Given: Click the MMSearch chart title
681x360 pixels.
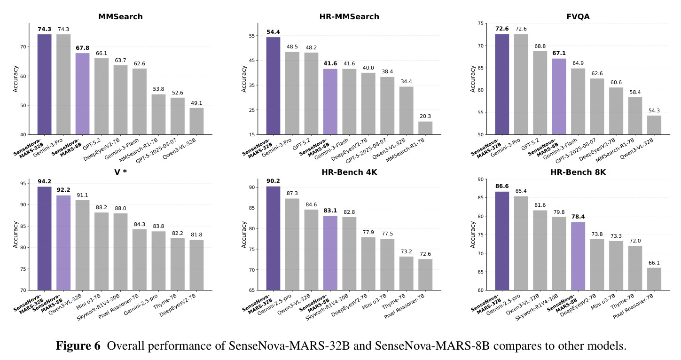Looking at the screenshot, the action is click(120, 16).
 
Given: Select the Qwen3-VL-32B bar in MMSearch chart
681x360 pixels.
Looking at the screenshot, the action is click(196, 121).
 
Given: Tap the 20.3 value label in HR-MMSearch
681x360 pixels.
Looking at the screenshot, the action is click(425, 116).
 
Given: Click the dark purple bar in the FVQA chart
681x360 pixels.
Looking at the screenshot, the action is click(502, 84).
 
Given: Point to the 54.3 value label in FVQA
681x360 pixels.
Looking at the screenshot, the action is click(654, 110).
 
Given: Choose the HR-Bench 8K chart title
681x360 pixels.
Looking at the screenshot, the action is click(578, 172).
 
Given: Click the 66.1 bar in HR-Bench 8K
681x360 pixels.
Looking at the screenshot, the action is click(654, 279).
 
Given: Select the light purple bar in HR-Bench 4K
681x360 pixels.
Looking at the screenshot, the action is click(330, 253).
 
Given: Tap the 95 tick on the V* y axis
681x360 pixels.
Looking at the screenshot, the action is click(23, 183).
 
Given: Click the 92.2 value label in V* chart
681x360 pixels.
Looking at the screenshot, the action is click(63, 190).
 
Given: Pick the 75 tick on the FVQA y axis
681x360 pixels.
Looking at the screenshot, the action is click(480, 23).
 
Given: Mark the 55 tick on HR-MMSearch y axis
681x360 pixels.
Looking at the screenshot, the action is click(252, 36).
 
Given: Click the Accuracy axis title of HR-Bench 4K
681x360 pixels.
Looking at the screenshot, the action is click(243, 235).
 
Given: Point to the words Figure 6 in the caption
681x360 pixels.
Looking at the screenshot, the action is click(78, 346).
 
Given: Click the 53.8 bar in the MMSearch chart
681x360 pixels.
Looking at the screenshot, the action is click(158, 114).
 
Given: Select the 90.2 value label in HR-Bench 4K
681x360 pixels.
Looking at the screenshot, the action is click(273, 181).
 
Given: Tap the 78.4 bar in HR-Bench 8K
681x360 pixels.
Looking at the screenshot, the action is click(578, 256).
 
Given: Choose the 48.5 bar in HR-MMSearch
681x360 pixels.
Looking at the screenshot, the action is click(292, 93).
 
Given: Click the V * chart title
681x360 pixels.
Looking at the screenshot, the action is click(120, 172).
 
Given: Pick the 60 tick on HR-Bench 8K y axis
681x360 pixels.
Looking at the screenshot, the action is click(480, 290).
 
